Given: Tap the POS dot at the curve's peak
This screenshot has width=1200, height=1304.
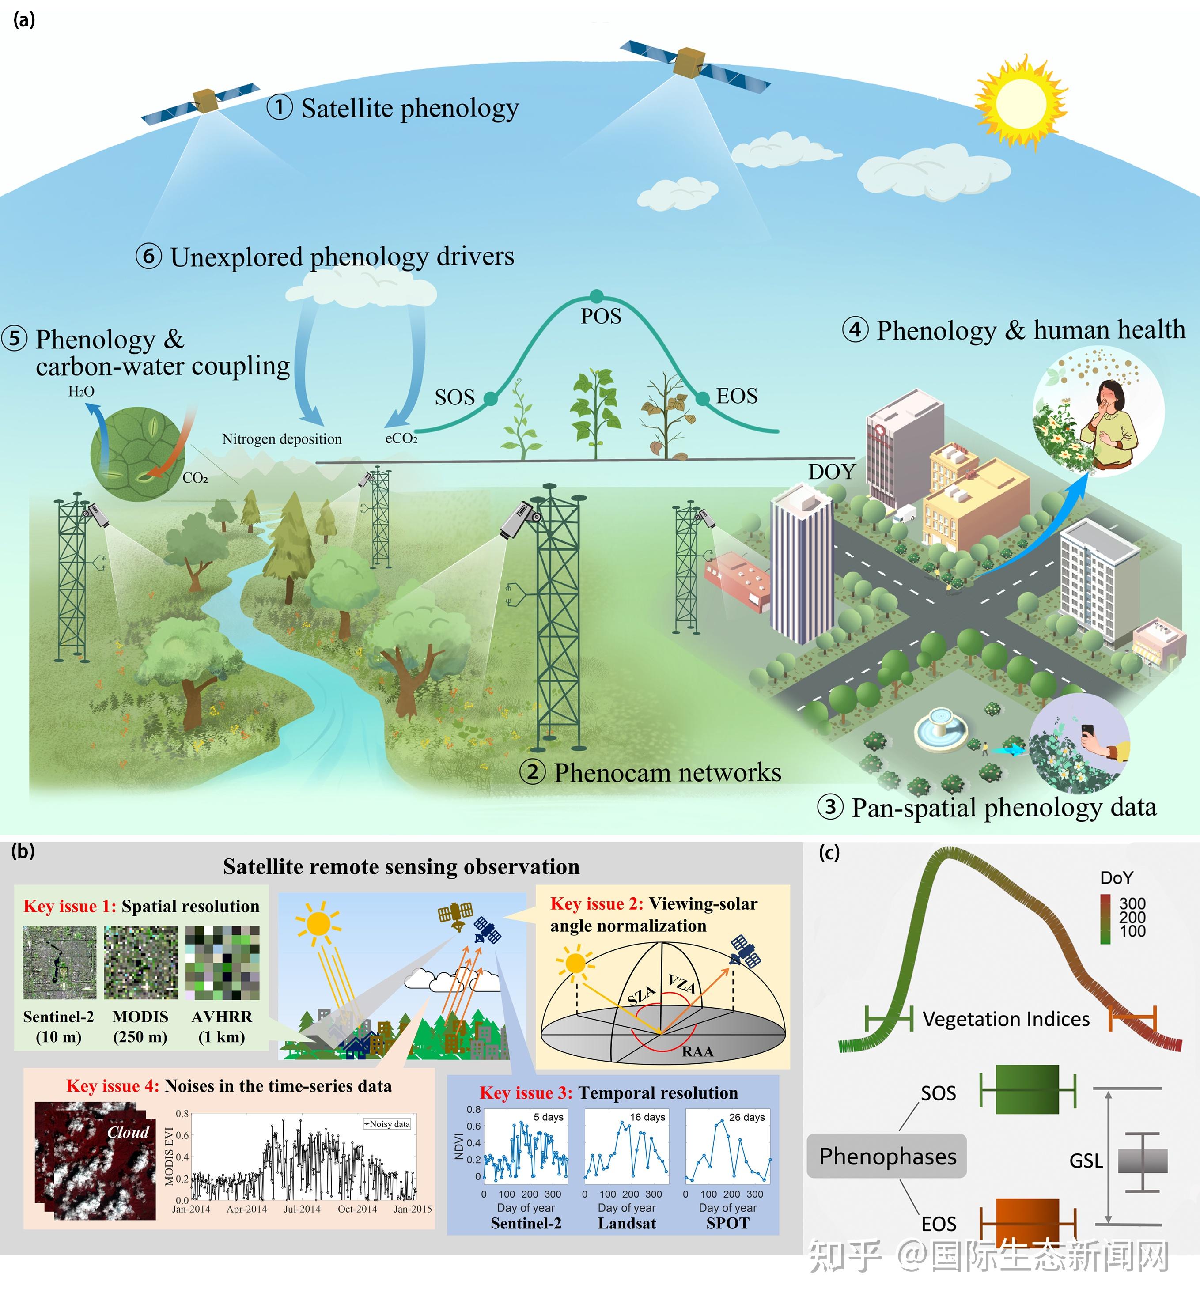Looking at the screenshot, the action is click(x=597, y=296).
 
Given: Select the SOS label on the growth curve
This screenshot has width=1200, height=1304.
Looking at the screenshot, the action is click(x=454, y=397).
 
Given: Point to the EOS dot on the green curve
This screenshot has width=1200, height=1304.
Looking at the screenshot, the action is click(x=703, y=398).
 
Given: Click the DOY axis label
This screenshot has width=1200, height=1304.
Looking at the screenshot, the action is click(x=832, y=472).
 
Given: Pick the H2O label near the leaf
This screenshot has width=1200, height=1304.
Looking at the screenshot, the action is click(x=81, y=391).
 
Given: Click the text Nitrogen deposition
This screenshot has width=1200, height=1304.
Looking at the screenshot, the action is click(x=282, y=439).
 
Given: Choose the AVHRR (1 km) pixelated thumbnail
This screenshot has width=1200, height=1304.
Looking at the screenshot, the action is click(x=222, y=963).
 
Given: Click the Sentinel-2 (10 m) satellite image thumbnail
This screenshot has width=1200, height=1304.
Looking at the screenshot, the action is click(x=59, y=963).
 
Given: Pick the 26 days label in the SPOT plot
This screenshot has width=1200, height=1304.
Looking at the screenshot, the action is click(x=747, y=1117).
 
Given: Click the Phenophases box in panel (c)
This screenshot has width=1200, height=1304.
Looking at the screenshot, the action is click(x=887, y=1156).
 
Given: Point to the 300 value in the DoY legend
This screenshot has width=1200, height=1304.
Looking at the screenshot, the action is click(x=1132, y=903).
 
